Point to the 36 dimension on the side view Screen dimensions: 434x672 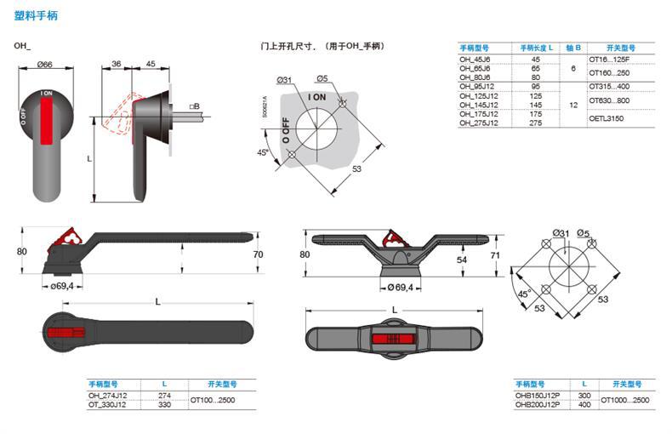click(x=117, y=65)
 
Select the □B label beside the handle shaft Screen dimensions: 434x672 click(x=195, y=106)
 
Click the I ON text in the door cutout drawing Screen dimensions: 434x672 click(x=316, y=98)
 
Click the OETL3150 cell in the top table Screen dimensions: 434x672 click(x=607, y=118)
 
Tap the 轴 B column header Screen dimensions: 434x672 click(x=574, y=49)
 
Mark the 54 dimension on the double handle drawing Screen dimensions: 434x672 click(x=463, y=259)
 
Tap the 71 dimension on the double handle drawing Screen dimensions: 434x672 click(x=496, y=254)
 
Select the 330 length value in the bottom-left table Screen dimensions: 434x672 click(x=165, y=404)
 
